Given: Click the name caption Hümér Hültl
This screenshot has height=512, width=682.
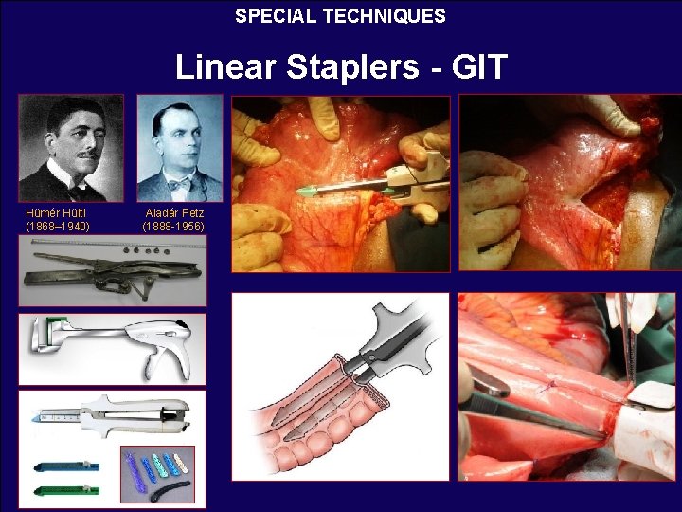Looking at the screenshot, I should click(58, 213).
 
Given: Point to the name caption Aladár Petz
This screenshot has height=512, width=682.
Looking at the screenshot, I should click(174, 213).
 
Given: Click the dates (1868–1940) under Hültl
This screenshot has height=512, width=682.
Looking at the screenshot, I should click(58, 227).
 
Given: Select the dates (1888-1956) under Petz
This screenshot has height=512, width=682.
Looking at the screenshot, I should click(173, 227).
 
